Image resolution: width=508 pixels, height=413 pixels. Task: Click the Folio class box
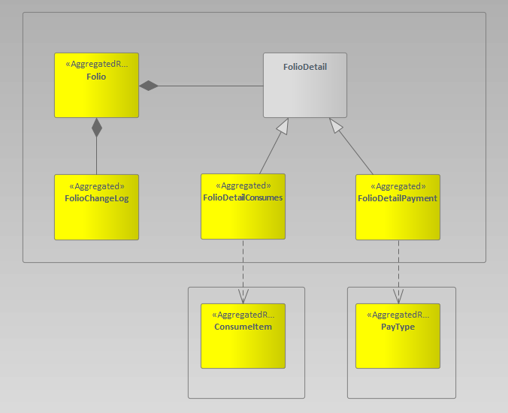click(x=96, y=94)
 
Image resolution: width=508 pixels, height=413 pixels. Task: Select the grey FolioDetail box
click(x=304, y=94)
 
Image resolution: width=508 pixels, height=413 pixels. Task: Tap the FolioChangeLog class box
click(x=96, y=214)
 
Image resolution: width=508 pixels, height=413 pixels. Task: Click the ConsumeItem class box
click(x=243, y=345)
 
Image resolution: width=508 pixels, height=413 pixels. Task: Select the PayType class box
click(x=398, y=345)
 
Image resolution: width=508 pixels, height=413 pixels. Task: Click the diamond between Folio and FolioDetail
click(x=150, y=86)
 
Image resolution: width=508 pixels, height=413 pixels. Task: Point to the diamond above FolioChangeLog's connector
click(x=96, y=128)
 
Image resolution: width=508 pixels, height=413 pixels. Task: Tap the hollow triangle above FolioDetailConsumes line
click(x=282, y=126)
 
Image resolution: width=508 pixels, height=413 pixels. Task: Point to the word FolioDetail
click(x=304, y=67)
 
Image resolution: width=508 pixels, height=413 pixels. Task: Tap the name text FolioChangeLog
click(x=97, y=199)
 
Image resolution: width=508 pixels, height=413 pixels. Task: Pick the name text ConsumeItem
click(x=243, y=327)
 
